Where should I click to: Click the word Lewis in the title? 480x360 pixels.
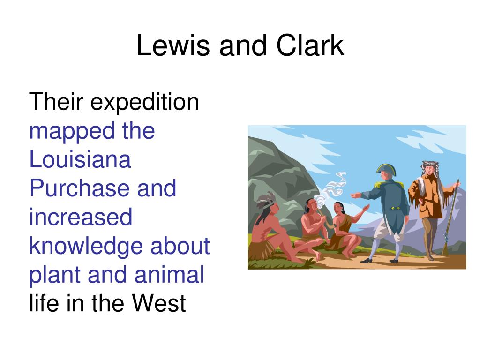(173, 45)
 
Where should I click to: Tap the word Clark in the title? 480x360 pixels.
(310, 45)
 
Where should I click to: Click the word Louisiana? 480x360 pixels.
(80, 159)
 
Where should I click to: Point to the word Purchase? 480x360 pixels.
(80, 188)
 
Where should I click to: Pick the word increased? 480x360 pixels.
(81, 217)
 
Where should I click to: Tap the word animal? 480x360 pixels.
(169, 274)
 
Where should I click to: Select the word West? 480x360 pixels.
(159, 303)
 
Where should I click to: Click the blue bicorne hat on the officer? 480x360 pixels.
(386, 169)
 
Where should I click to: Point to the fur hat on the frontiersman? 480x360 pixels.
(431, 167)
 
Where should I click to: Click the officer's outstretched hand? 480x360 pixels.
(355, 195)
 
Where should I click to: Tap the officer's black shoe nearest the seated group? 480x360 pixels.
(367, 261)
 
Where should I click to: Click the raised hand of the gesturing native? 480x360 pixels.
(366, 208)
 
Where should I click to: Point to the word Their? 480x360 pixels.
(56, 101)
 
